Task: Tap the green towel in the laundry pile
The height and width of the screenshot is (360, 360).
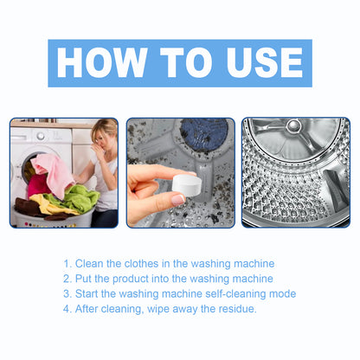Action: click(x=83, y=198)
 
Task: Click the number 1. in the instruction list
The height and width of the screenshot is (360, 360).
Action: click(x=67, y=263)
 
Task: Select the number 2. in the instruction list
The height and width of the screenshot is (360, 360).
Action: click(x=67, y=279)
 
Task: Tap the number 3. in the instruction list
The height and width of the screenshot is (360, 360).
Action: click(x=67, y=294)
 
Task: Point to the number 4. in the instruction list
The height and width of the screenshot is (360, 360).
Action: click(x=67, y=309)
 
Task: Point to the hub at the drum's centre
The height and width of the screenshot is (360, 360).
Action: click(x=293, y=127)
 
